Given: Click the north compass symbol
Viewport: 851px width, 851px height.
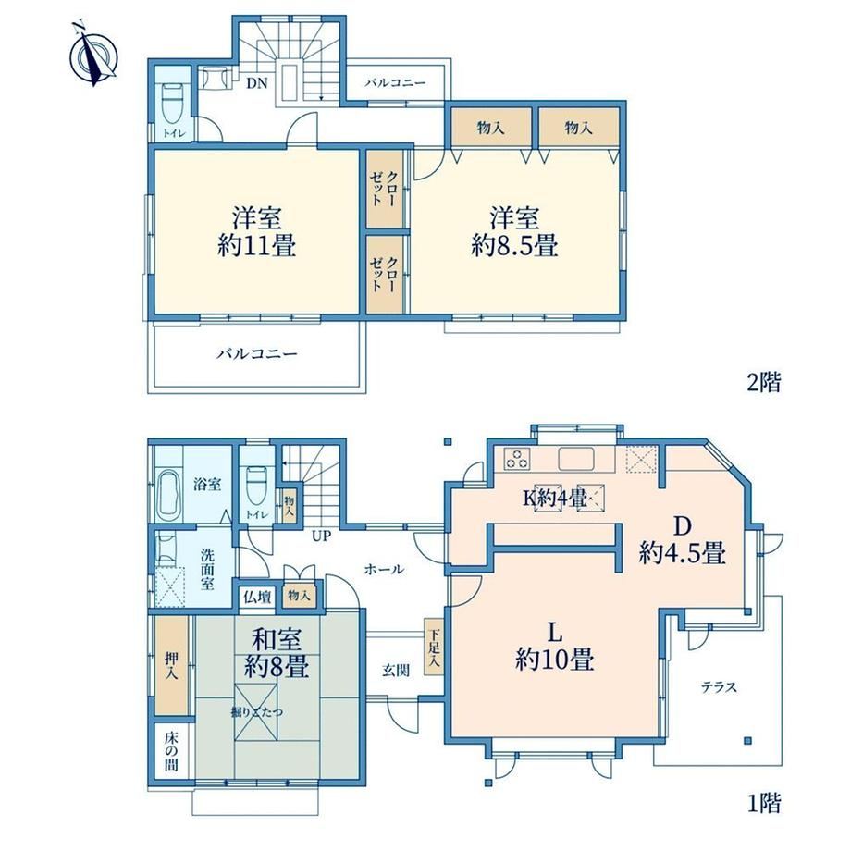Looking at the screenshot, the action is [x=94, y=55].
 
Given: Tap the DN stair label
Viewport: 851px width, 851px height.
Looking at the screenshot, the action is [x=257, y=83].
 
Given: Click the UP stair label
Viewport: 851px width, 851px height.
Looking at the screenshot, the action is [x=321, y=536].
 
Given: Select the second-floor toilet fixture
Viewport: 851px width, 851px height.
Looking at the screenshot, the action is [x=173, y=103].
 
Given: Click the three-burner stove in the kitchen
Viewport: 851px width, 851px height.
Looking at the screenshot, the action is [x=517, y=459].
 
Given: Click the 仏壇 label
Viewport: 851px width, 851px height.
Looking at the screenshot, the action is [x=257, y=597].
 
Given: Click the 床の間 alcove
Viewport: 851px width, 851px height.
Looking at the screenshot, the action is [x=171, y=751].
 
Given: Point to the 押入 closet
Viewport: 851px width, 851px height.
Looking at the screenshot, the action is [x=171, y=665].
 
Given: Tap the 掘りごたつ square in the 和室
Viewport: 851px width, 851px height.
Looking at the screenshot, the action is [x=255, y=711].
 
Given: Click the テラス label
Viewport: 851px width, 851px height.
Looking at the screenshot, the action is [x=719, y=687].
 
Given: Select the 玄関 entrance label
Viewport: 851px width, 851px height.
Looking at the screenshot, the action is [x=396, y=671].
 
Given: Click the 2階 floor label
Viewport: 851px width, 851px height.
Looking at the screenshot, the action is [x=764, y=383].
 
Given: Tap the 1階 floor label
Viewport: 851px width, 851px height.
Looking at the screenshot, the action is [x=765, y=803].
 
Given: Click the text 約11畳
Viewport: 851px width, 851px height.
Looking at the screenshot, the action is [x=257, y=246].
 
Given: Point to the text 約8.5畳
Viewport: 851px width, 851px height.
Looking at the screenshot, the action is [x=514, y=246].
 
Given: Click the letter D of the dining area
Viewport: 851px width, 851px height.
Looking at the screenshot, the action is [x=683, y=525].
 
